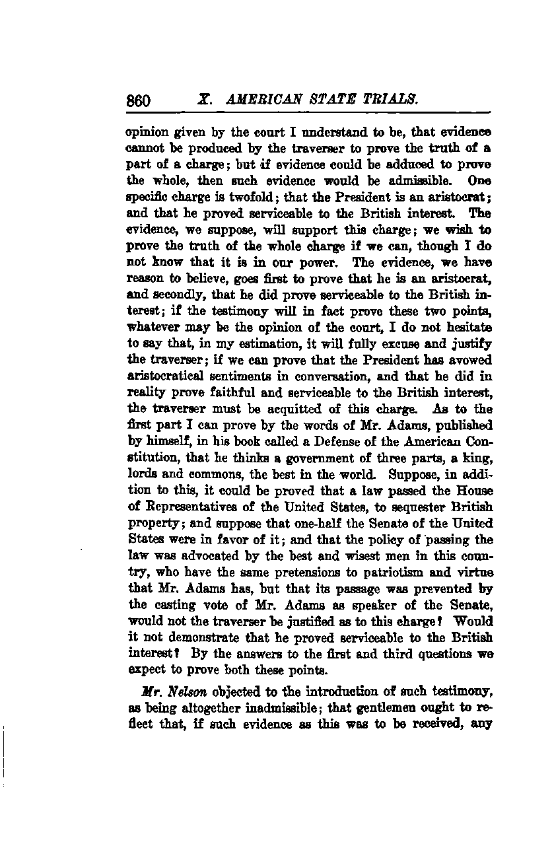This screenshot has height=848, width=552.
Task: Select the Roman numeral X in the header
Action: pyautogui.click(x=203, y=100)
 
